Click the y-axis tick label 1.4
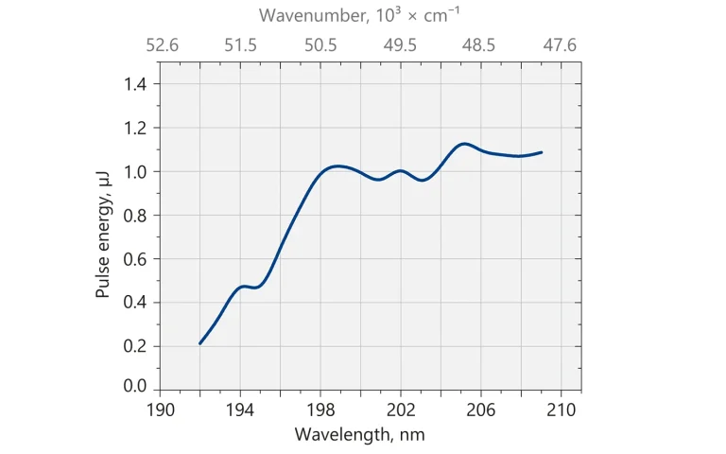coord(136,84)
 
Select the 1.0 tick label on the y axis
coord(136,171)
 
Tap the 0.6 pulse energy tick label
coord(136,259)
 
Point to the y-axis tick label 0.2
coord(136,346)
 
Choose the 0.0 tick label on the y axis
coord(136,387)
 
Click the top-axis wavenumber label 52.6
coord(161,44)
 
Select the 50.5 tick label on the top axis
coord(320,44)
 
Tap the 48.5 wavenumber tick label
coord(478,44)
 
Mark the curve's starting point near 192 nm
coord(200,343)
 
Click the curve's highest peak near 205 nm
coord(464,144)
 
